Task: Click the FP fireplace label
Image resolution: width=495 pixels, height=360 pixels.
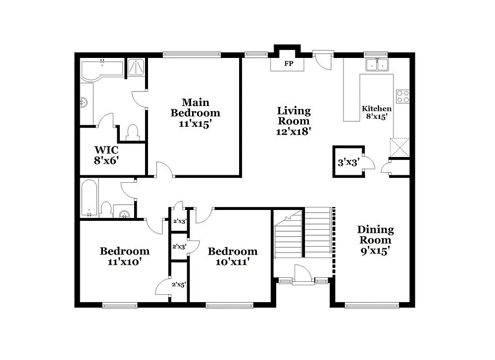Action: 287,64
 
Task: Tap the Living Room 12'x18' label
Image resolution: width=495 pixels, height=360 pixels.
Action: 294,121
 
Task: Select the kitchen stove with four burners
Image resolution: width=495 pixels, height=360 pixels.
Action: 403,96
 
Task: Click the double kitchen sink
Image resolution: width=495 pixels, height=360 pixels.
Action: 377,65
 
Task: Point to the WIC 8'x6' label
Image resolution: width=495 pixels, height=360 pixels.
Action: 106,154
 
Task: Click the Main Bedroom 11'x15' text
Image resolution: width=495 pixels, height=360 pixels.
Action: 195,113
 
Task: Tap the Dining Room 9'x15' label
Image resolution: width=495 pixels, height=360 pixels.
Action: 375,240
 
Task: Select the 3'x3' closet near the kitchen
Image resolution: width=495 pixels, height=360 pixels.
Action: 348,161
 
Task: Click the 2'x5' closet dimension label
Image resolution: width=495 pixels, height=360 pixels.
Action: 179,285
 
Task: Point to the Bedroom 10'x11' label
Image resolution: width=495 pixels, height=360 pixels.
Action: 232,256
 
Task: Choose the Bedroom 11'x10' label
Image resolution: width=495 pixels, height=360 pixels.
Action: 124,256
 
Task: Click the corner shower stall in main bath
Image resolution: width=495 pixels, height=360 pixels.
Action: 136,68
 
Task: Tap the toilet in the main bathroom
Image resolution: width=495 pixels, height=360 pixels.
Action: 132,132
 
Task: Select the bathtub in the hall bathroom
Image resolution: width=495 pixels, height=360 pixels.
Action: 90,198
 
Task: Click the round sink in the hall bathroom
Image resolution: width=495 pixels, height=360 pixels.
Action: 124,213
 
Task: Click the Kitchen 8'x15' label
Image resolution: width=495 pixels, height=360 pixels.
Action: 377,112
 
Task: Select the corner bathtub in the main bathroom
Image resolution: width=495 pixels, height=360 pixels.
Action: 101,70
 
